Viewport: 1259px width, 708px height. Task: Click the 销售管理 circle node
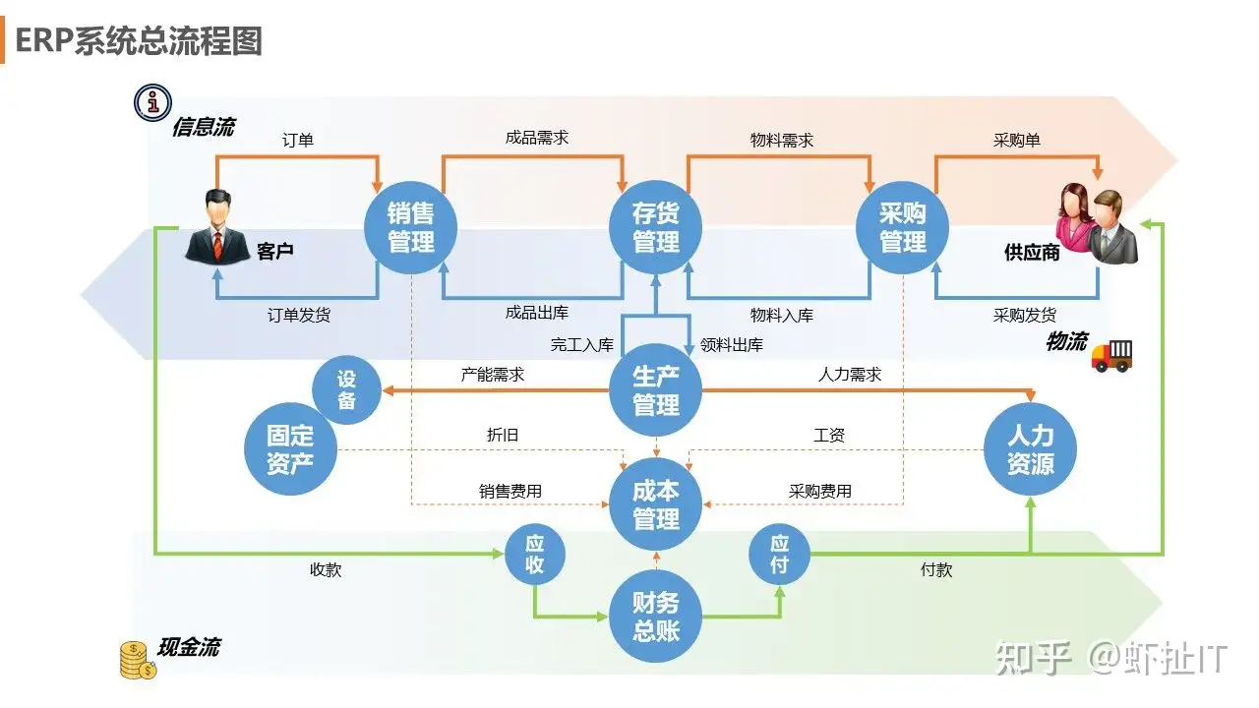(x=411, y=228)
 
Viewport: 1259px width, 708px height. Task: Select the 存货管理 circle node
(x=656, y=228)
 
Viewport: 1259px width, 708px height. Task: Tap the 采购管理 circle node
(x=903, y=228)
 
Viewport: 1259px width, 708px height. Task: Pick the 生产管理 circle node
(x=656, y=391)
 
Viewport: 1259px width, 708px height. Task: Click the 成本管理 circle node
(x=656, y=505)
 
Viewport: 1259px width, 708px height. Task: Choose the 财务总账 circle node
(x=656, y=617)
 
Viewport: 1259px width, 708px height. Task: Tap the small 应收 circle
(x=534, y=554)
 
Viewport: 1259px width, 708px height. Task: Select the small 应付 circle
(x=779, y=554)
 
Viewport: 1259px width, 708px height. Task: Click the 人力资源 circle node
(x=1031, y=449)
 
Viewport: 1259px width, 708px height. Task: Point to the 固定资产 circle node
(x=290, y=449)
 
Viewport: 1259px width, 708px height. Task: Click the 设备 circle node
(x=346, y=390)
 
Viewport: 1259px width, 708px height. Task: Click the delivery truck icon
(x=1112, y=355)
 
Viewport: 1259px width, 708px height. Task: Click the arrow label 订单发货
(x=299, y=316)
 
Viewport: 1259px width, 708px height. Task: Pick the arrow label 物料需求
(x=782, y=141)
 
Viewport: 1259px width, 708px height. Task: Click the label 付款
(x=936, y=569)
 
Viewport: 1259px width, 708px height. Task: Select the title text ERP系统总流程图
(x=139, y=41)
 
